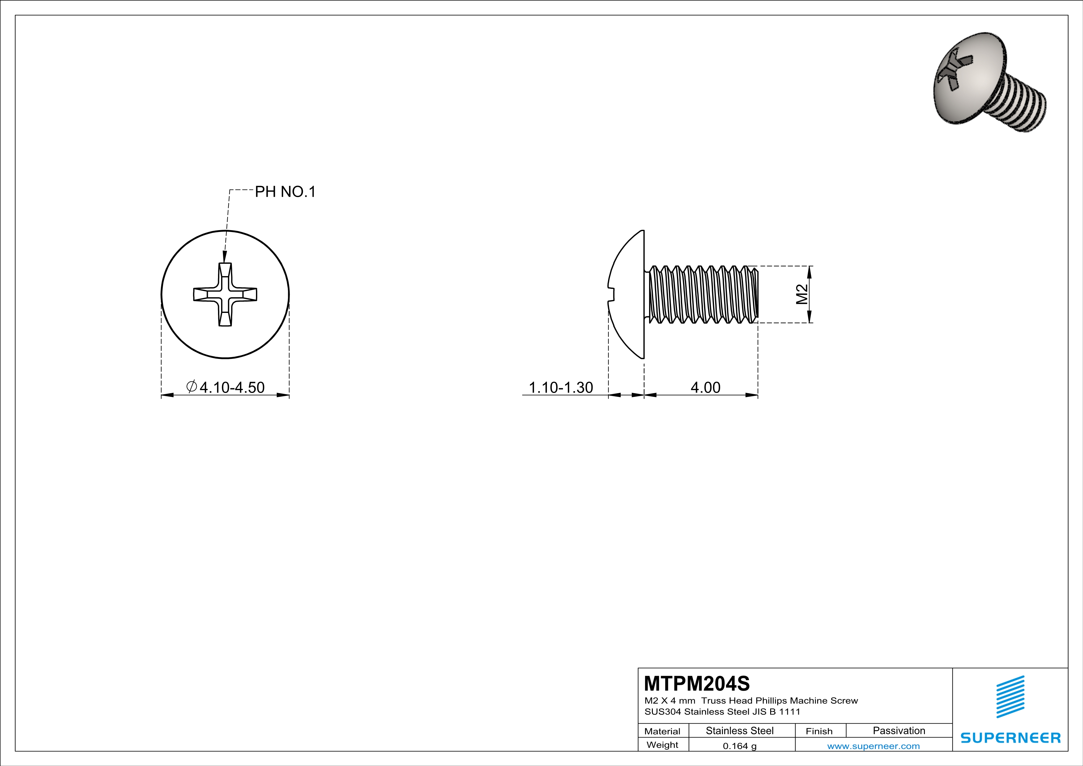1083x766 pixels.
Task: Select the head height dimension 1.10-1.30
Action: [x=560, y=387]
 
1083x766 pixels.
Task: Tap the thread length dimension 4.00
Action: [x=705, y=387]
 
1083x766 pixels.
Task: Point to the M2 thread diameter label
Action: [x=802, y=294]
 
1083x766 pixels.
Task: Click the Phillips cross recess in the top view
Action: [x=225, y=294]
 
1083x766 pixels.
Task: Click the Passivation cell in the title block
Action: [x=899, y=730]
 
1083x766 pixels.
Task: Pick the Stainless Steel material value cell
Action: [x=739, y=730]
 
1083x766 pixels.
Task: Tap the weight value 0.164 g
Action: [x=739, y=746]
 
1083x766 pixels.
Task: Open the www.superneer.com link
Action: [x=873, y=746]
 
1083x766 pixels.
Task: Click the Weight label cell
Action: [x=662, y=745]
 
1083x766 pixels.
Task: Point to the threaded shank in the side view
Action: [x=703, y=294]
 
